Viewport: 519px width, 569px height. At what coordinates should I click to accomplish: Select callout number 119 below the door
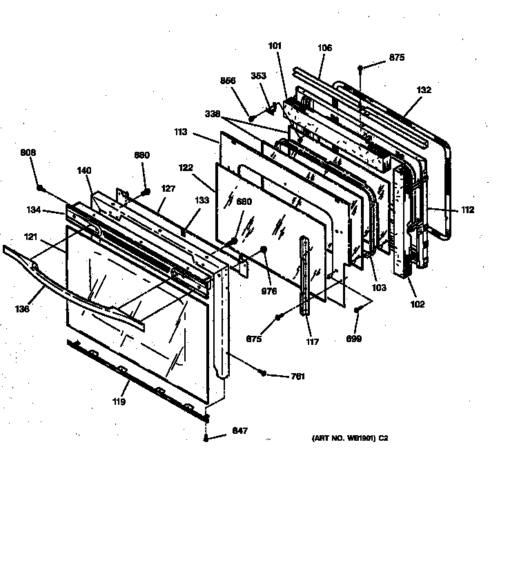click(119, 401)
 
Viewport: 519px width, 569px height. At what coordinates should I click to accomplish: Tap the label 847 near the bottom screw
click(240, 431)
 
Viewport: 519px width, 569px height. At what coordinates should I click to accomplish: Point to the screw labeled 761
click(264, 373)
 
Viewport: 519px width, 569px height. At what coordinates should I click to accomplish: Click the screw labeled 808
click(40, 188)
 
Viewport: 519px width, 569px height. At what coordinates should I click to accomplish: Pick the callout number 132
click(424, 90)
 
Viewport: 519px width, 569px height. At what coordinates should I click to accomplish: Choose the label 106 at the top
click(324, 48)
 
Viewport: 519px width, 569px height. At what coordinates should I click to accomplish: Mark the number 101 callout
click(275, 46)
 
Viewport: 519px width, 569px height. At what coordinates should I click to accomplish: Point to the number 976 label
click(269, 292)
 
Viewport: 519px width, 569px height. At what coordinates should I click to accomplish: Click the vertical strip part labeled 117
click(305, 276)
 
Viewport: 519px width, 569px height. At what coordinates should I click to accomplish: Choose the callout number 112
click(468, 210)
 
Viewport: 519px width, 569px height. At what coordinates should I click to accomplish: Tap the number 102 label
click(417, 304)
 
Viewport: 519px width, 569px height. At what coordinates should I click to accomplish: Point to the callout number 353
click(258, 76)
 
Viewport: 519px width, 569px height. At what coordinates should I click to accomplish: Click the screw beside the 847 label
click(206, 439)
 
